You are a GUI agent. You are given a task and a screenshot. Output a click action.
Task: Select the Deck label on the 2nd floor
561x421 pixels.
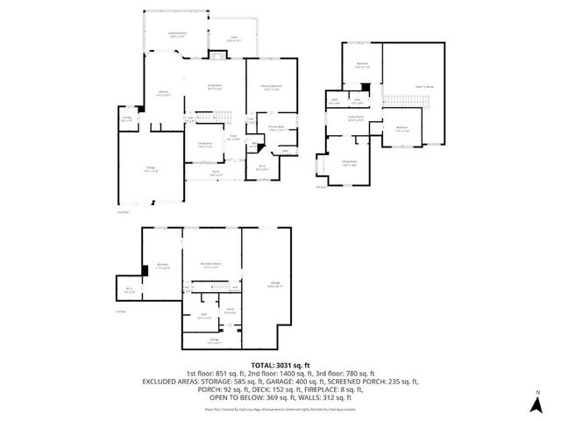(235, 39)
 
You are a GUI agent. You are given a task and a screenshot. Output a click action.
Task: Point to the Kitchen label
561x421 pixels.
(163, 91)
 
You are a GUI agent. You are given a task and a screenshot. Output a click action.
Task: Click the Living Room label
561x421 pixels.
(214, 85)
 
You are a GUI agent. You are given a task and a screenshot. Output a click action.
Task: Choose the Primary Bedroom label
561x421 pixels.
(272, 87)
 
